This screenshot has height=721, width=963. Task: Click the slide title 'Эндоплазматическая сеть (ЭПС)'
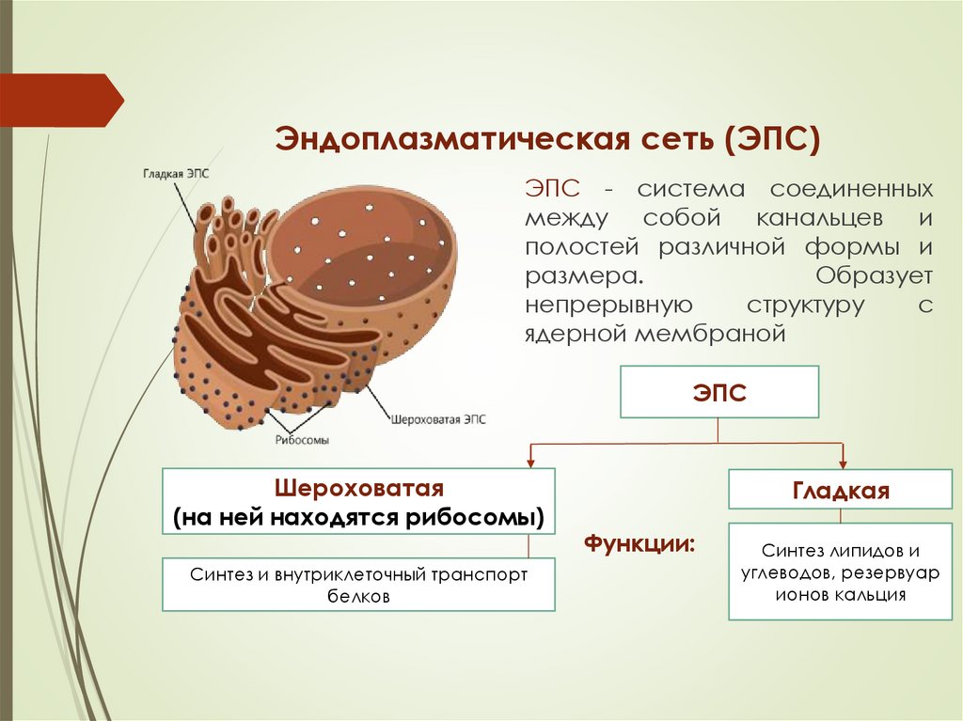pos(547,140)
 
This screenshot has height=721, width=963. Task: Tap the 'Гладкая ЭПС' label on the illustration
pos(175,175)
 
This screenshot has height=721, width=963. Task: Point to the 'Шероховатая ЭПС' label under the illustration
pos(438,420)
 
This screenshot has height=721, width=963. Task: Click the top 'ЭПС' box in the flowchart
pos(718,393)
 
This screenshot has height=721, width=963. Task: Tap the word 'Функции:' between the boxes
pos(640,543)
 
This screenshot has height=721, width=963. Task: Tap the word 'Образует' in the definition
pos(874,276)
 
